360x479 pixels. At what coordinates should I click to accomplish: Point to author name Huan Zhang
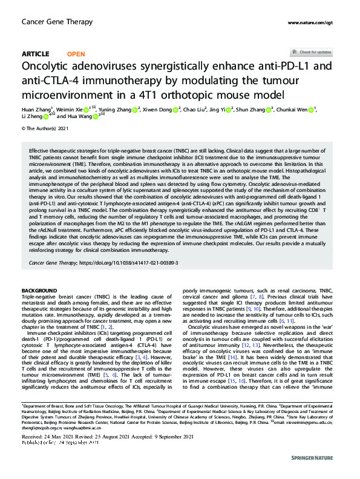(x=35, y=110)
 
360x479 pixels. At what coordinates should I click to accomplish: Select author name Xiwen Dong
(x=156, y=110)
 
